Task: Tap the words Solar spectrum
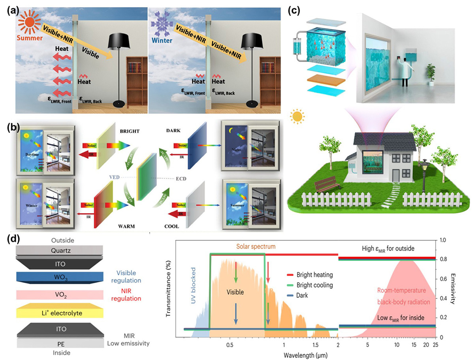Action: [256, 247]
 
